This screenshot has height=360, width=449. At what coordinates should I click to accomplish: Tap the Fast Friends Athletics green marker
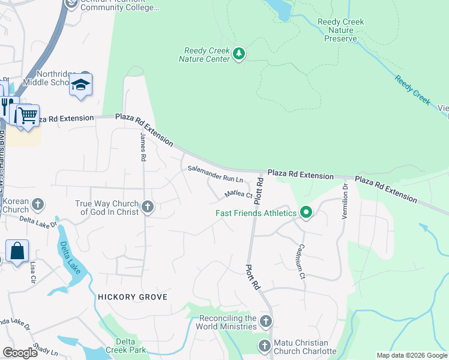click(x=306, y=212)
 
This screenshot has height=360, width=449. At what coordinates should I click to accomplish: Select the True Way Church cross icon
click(x=148, y=208)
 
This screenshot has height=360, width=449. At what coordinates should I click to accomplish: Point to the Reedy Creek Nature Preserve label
click(x=340, y=31)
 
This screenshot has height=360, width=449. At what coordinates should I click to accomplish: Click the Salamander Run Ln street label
click(x=215, y=175)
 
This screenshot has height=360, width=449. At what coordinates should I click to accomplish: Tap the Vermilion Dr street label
click(x=345, y=201)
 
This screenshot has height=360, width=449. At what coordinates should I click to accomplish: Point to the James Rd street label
click(x=143, y=147)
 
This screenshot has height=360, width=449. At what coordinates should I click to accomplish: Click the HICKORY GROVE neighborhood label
click(x=131, y=297)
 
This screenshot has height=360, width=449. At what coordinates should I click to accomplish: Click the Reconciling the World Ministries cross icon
click(x=267, y=322)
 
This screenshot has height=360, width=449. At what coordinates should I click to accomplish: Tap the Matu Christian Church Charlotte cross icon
click(x=264, y=346)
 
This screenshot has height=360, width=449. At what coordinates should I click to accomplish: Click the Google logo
click(x=20, y=353)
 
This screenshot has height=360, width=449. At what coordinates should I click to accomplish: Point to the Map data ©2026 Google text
click(x=411, y=355)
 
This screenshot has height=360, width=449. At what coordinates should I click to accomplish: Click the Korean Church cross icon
click(x=37, y=205)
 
